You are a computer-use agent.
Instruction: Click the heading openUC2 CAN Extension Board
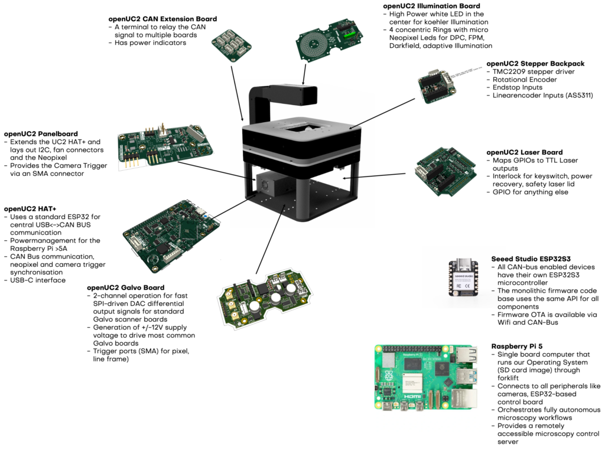click(162, 19)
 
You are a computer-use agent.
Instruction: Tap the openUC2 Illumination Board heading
click(431, 6)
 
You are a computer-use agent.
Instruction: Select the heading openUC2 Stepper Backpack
click(535, 64)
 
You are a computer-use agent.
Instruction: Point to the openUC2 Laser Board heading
click(525, 152)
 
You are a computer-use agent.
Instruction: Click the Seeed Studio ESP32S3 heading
click(531, 259)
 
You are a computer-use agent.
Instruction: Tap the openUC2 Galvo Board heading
click(125, 288)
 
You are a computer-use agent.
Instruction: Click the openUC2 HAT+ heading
click(30, 209)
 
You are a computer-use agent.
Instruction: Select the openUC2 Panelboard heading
click(41, 134)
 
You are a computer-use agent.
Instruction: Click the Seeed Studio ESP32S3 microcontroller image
click(463, 277)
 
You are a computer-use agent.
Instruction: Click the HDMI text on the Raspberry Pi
click(412, 397)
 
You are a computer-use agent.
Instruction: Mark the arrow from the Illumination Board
click(305, 74)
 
